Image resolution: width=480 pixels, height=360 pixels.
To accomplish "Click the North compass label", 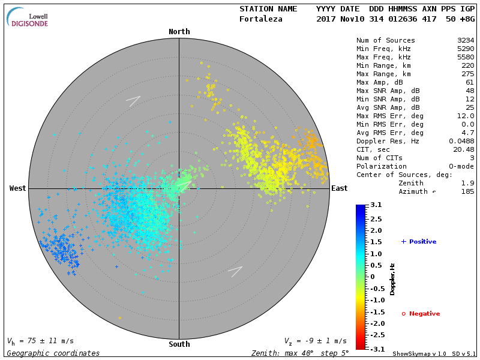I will pyautogui.click(x=179, y=32).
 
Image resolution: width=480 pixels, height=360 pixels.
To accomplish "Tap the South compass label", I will pyautogui.click(x=179, y=344).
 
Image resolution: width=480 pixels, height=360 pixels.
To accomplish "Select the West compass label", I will pyautogui.click(x=18, y=188).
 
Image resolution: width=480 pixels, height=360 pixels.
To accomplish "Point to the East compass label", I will pyautogui.click(x=340, y=188).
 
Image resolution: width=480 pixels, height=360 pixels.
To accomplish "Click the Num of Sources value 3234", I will pyautogui.click(x=466, y=41).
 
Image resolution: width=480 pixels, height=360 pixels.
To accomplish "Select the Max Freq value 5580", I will pyautogui.click(x=466, y=58).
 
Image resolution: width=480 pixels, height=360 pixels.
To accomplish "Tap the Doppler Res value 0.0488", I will pyautogui.click(x=461, y=141).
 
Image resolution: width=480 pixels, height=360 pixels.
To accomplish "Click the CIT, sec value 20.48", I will pyautogui.click(x=464, y=149).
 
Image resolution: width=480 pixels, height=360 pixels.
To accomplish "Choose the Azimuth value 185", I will pyautogui.click(x=467, y=191).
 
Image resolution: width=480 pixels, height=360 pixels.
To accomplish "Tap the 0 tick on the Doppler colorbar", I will pyautogui.click(x=372, y=277).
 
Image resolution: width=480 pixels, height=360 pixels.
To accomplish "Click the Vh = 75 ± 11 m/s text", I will pyautogui.click(x=41, y=341).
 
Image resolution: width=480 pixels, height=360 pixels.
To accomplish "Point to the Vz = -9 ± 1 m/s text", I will pyautogui.click(x=315, y=341).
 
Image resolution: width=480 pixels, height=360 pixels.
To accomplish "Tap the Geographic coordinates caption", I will pyautogui.click(x=53, y=353).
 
